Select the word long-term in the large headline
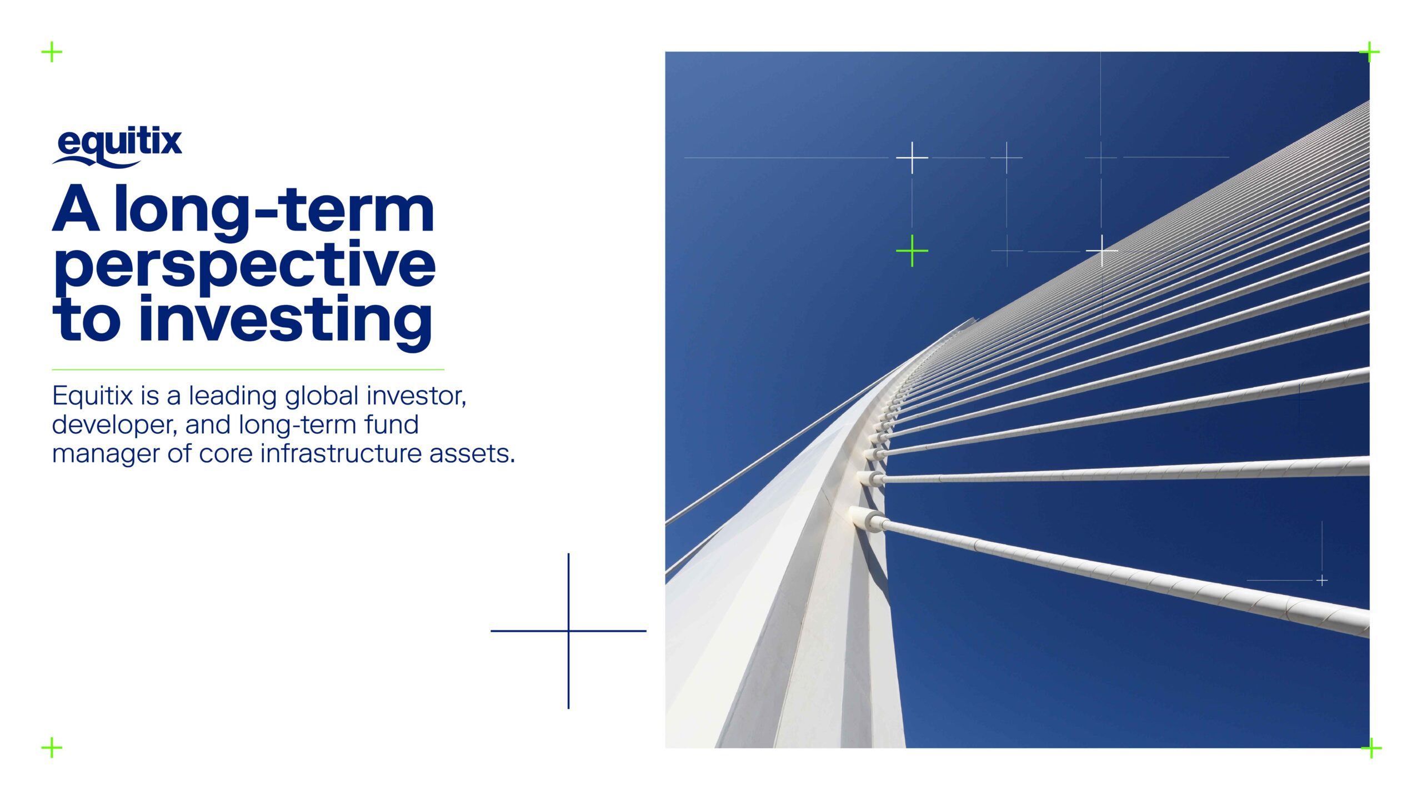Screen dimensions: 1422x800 pos(274,211)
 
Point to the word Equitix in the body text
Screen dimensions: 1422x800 pos(93,396)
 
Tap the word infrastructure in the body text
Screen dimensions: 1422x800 pos(342,453)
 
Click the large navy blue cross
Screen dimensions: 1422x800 pos(568,631)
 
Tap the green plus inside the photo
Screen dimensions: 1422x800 pos(912,251)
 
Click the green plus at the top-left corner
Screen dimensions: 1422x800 pos(52,52)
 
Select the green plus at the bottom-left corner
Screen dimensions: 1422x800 pos(52,748)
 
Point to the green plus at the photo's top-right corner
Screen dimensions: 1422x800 pos(1370,52)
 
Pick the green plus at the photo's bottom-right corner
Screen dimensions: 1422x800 pos(1371,748)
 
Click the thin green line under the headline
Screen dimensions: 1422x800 pos(248,369)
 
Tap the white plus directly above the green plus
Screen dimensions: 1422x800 pos(912,158)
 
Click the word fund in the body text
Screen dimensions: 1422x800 pos(392,425)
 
